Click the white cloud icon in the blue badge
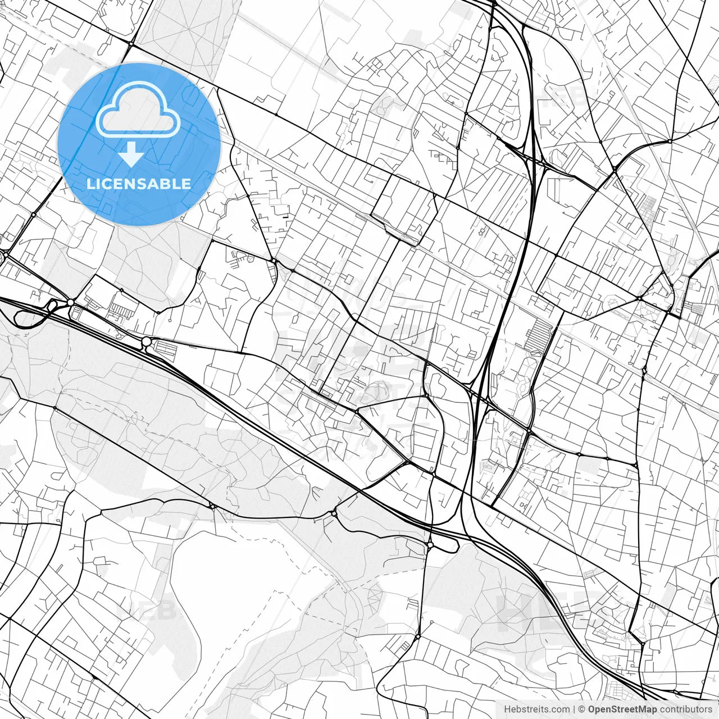click(x=138, y=110)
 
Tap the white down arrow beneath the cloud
click(x=131, y=154)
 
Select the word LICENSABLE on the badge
click(x=139, y=184)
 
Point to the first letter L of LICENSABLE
click(x=90, y=184)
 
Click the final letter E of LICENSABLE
click(x=186, y=184)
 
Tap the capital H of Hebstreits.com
click(x=508, y=709)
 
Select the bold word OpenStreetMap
click(x=622, y=709)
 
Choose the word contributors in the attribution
click(x=686, y=709)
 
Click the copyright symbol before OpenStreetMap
click(x=582, y=709)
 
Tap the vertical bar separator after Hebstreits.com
click(x=574, y=709)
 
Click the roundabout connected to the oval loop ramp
click(x=70, y=302)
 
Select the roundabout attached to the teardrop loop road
click(x=430, y=544)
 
